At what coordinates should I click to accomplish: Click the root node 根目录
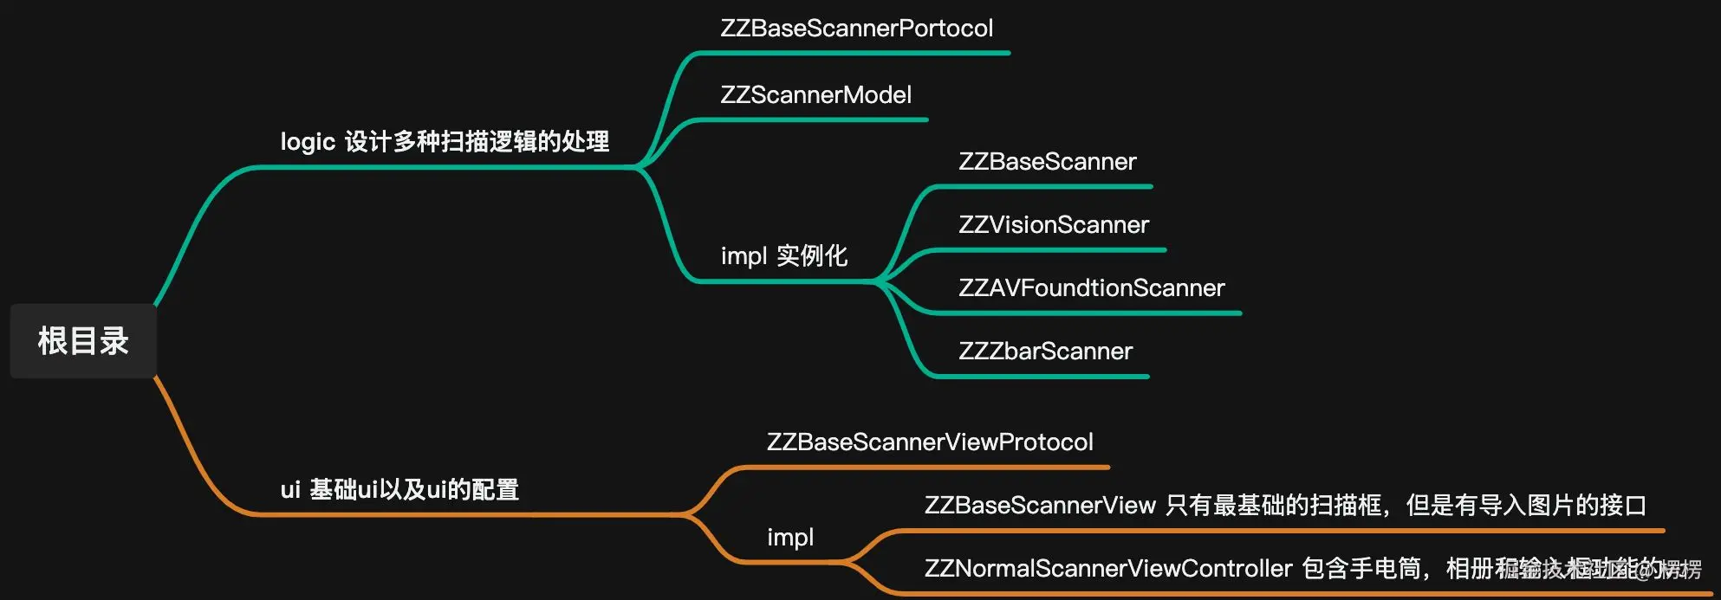coord(83,340)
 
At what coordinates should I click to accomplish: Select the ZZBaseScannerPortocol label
coord(856,29)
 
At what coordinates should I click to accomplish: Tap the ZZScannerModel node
coord(815,95)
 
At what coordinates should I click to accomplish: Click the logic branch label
coord(445,141)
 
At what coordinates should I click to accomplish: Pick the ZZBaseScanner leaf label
coord(1047,162)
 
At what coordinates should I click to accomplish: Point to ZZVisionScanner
coord(1053,225)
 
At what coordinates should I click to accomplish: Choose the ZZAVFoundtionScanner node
coord(1091,288)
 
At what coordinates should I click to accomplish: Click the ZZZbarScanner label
coord(1045,352)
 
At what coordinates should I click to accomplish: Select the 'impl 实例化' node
coord(783,256)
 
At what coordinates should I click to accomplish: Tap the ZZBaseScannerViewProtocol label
coord(930,442)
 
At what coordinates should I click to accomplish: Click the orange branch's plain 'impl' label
coord(789,538)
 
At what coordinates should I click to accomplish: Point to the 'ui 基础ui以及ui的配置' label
coord(399,490)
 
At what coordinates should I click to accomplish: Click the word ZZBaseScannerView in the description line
coord(1040,506)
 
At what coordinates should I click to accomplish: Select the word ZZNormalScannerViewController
coord(1108,569)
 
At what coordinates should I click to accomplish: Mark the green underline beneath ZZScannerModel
coord(810,119)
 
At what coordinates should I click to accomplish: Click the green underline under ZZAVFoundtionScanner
coord(1083,313)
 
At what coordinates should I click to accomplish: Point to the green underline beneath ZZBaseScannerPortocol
coord(854,53)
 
